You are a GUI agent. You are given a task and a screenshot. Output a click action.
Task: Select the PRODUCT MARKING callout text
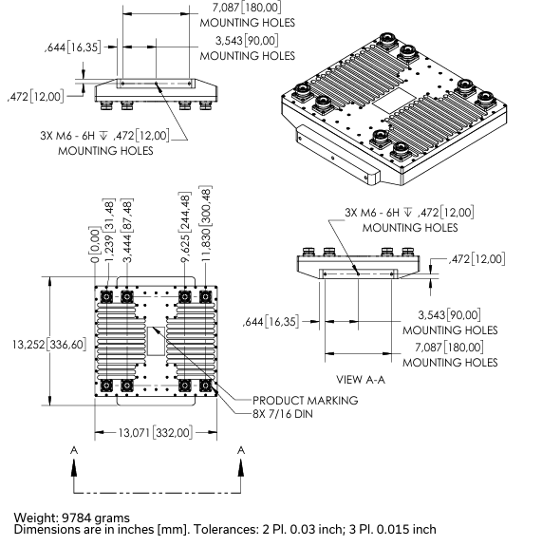pyautogui.click(x=307, y=400)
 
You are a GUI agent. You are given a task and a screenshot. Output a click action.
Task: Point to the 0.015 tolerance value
pyautogui.click(x=395, y=529)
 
